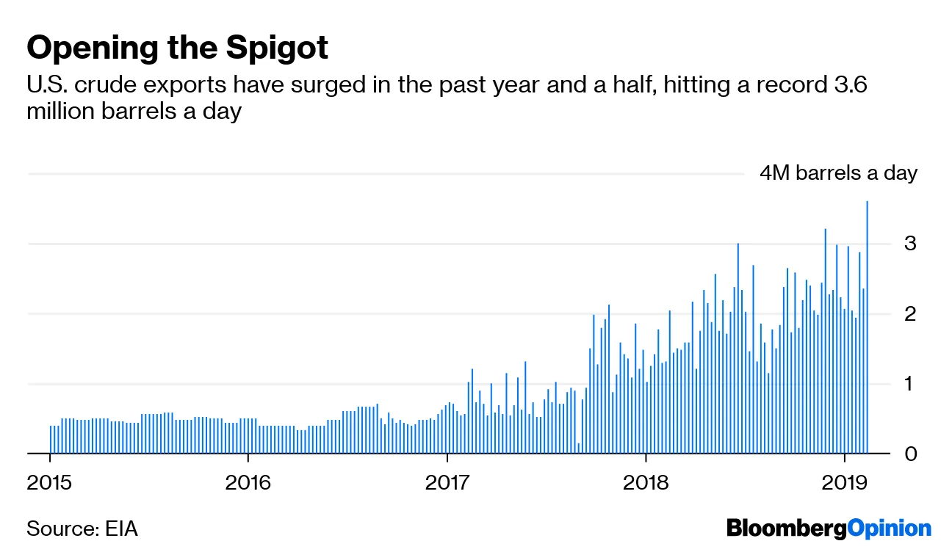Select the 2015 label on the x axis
[x=50, y=482]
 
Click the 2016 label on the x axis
[x=248, y=482]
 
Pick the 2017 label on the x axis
[x=447, y=482]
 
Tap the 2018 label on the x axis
[x=646, y=482]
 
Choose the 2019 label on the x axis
[x=844, y=482]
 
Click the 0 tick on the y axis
[x=910, y=454]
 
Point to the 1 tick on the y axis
[x=910, y=384]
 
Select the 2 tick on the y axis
[x=910, y=313]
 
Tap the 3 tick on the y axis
[x=910, y=243]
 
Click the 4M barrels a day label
[x=838, y=173]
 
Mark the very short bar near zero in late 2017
[x=579, y=448]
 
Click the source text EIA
[x=120, y=529]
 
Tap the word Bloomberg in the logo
[x=785, y=529]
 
